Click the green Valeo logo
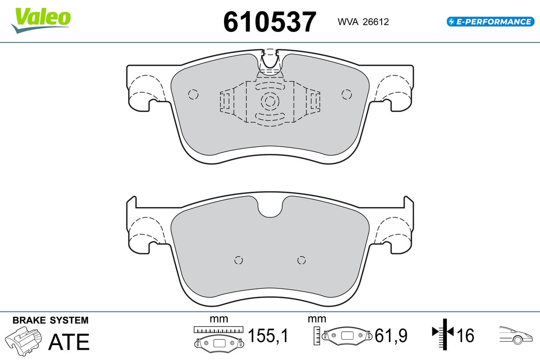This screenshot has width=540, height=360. click(41, 20)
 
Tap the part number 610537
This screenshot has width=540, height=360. click(270, 22)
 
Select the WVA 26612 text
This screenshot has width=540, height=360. click(363, 22)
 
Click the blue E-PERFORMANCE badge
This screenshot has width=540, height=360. click(490, 22)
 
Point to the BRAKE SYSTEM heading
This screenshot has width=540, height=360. click(50, 320)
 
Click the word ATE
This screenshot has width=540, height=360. click(69, 342)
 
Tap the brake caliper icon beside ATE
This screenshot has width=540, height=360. click(23, 341)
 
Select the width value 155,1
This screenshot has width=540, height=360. click(268, 335)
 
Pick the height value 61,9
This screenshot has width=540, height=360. click(391, 335)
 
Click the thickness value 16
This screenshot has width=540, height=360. click(465, 335)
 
